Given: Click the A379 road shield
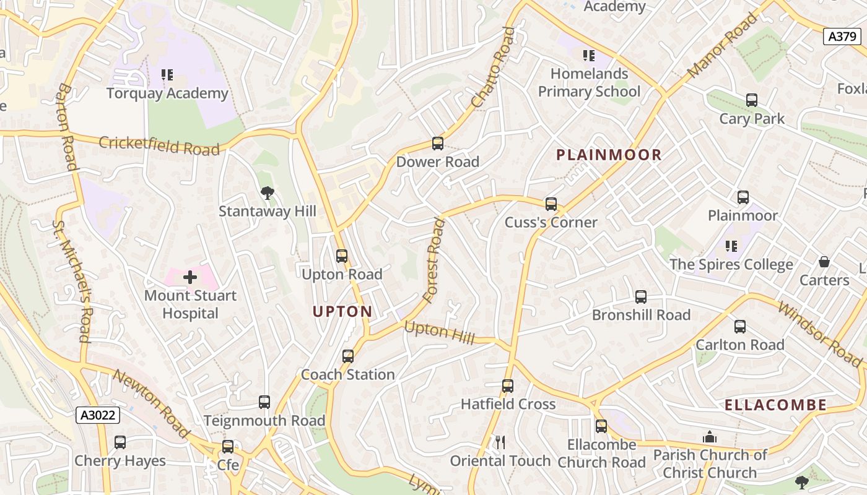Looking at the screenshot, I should click(x=843, y=37).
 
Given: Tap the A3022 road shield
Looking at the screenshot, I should click(x=98, y=415).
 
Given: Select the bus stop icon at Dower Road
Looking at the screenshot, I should click(x=438, y=144).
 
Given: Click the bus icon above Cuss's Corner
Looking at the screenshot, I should click(x=551, y=204).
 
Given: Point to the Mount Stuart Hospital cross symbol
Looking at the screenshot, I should click(x=190, y=277).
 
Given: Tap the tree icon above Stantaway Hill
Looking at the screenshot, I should click(x=267, y=193).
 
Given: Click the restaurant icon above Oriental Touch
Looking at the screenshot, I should click(x=500, y=442).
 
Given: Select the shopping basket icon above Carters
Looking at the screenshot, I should click(x=824, y=262).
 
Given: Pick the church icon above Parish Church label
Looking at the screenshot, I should click(x=710, y=437).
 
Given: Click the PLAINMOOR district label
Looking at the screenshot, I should click(x=609, y=155).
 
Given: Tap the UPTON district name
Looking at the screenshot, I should click(x=342, y=311).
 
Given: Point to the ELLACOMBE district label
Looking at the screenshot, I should click(x=775, y=405).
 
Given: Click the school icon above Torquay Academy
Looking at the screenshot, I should click(x=167, y=75).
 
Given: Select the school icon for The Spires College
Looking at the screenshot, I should click(x=731, y=246).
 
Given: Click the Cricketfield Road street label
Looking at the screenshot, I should click(x=159, y=145).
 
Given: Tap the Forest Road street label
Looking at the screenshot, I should click(x=434, y=260).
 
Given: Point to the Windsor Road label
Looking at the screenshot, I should click(x=819, y=334).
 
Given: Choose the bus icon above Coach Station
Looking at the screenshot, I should click(x=347, y=356).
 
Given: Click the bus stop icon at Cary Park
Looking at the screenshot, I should click(x=752, y=100).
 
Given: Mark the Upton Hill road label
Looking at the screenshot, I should click(x=439, y=332).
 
